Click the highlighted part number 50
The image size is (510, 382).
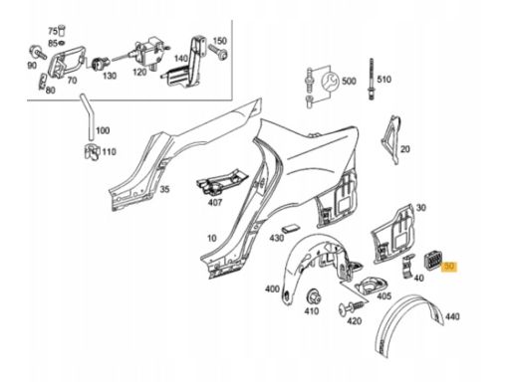pos(449,267)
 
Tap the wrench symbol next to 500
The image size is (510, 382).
pos(330,82)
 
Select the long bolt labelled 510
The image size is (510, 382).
pos(371,79)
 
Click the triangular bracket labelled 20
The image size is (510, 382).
pos(390,139)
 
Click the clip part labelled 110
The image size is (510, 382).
pos(92,152)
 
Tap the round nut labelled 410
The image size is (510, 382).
pos(313,296)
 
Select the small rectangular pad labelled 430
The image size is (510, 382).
pos(290,229)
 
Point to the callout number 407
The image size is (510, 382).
pos(214,202)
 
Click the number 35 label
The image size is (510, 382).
pos(164,189)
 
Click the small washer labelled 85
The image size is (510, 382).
pos(62,43)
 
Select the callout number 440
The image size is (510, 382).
pos(452,316)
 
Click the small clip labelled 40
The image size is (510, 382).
pos(407,266)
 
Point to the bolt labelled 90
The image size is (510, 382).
pos(38,53)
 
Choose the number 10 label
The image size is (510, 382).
pos(212,238)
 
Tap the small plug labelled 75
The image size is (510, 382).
pos(62,30)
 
